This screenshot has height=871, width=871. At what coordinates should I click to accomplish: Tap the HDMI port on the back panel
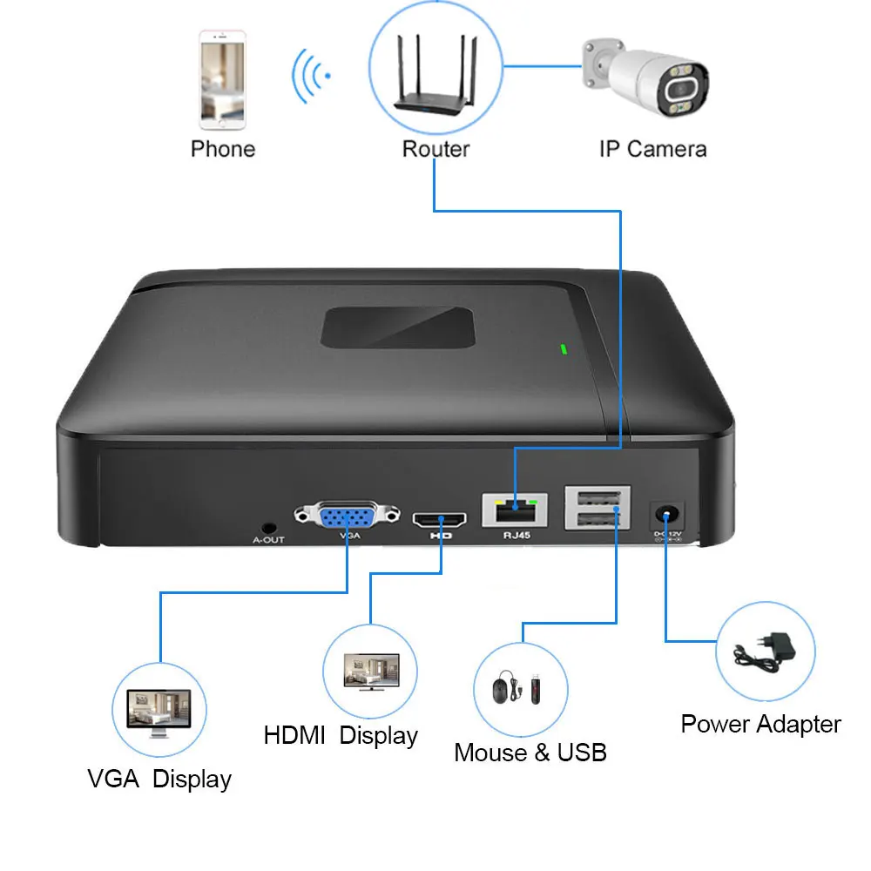pos(439,520)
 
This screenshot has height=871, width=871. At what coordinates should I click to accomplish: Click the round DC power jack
pos(667,514)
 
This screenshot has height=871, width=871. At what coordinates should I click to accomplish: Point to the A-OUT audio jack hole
pos(269,528)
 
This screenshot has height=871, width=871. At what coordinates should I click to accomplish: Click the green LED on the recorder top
pos(564,350)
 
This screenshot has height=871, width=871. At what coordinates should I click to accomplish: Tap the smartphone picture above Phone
pos(222,79)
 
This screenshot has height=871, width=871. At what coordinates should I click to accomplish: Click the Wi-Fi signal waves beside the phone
pos(309,77)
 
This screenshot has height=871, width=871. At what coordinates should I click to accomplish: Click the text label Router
pos(435,149)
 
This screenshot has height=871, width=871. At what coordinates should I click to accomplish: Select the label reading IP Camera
pos(652,149)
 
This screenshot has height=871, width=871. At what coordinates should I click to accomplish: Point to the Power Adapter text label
pos(760,724)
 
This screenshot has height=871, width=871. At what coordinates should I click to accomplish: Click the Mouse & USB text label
pos(530,753)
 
